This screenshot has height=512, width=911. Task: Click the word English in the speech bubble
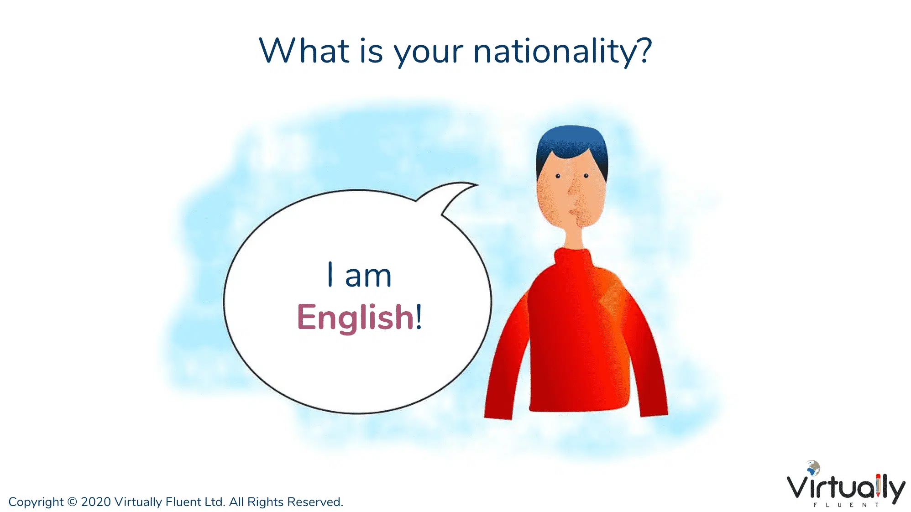click(x=356, y=318)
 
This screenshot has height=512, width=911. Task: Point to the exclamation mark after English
click(x=419, y=316)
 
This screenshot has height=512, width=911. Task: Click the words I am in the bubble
click(x=360, y=275)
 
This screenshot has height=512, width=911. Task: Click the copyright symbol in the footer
click(x=72, y=502)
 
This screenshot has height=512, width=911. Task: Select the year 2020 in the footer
click(x=96, y=502)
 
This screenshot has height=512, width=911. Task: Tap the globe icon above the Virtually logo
click(x=813, y=468)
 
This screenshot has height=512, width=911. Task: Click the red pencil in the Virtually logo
click(x=878, y=486)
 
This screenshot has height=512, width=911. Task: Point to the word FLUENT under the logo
click(x=846, y=505)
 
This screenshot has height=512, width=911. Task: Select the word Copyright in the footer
click(x=36, y=502)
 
